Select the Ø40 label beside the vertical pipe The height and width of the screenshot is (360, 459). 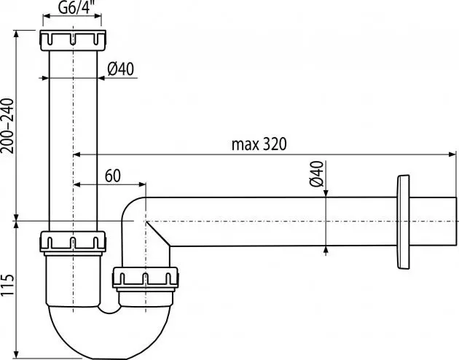tap(122, 69)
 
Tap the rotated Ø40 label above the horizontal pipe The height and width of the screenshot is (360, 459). tap(315, 175)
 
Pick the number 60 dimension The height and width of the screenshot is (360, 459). tap(113, 175)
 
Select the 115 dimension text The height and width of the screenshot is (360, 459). tap(8, 288)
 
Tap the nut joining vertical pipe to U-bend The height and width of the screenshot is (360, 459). tap(73, 242)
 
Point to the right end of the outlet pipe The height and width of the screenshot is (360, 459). tap(455, 222)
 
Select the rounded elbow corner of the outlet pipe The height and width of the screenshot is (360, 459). tap(131, 208)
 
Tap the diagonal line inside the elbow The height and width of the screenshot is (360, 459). tap(159, 232)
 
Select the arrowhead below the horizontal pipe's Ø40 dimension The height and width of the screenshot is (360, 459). tap(326, 250)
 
